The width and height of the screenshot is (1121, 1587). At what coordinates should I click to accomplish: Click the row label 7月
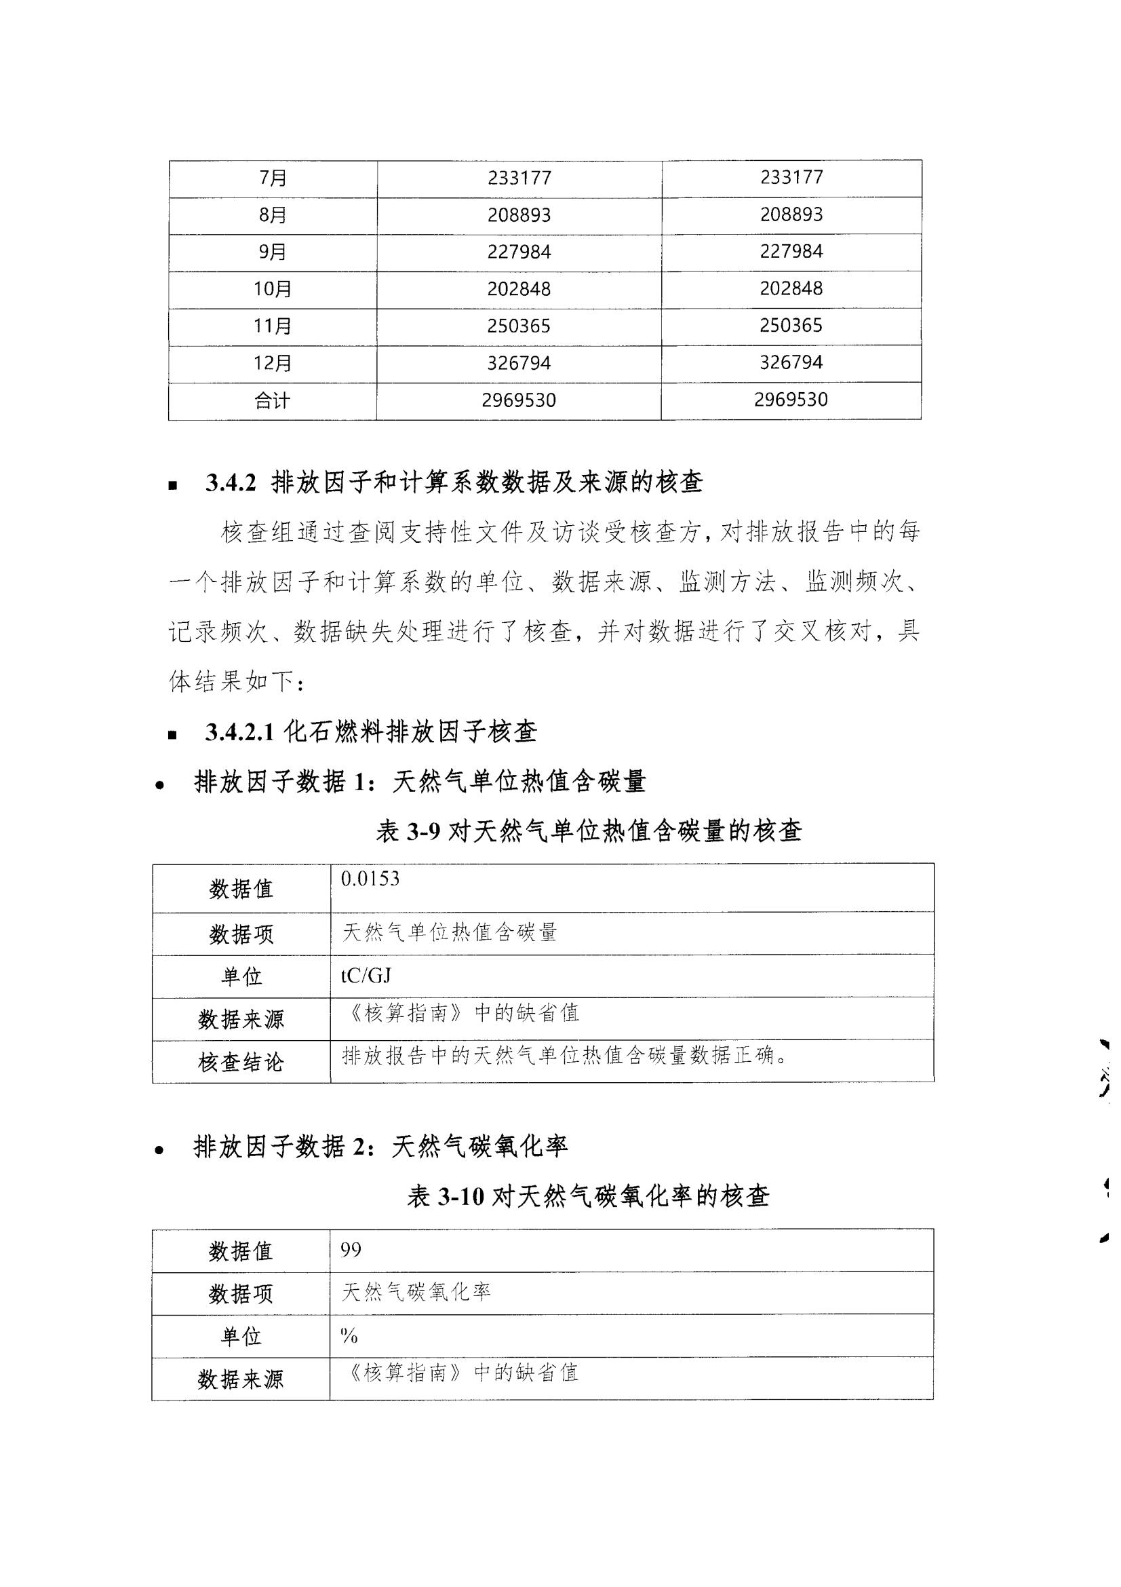[x=273, y=178]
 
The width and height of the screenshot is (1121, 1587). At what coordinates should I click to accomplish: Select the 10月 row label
[x=273, y=289]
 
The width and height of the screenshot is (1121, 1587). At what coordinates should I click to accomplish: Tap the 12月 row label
[x=273, y=364]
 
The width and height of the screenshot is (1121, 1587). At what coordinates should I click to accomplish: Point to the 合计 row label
[x=273, y=401]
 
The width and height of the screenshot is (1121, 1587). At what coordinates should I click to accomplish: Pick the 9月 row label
[x=273, y=252]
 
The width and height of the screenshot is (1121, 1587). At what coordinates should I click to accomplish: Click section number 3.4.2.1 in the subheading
[x=239, y=732]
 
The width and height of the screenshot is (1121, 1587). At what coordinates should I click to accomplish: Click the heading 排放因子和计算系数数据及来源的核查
[x=487, y=482]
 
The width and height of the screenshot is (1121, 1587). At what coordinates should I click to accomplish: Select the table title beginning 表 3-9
[x=589, y=831]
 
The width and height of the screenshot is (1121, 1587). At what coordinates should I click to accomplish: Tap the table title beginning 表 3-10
[x=589, y=1196]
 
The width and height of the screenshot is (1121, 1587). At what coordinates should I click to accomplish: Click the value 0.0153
[x=370, y=879]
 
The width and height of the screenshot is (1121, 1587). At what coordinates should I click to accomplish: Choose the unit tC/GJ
[x=366, y=975]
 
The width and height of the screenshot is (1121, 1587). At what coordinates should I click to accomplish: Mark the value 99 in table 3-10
[x=351, y=1249]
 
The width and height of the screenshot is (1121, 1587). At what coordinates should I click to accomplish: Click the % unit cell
[x=349, y=1336]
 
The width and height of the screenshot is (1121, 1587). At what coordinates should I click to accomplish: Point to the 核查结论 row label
[x=240, y=1063]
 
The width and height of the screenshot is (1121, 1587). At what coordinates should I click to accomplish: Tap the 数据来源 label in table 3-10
[x=240, y=1379]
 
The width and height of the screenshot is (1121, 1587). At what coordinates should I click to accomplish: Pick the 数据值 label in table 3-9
[x=241, y=889]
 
